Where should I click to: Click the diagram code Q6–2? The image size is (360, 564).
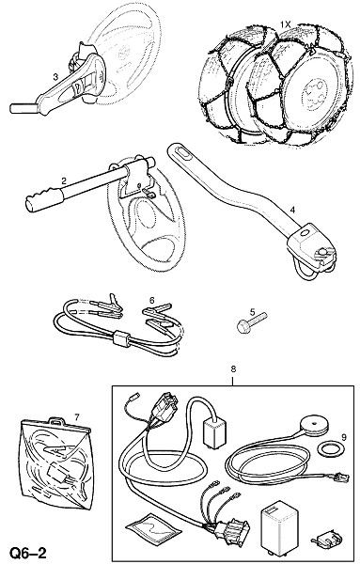pos(28,553)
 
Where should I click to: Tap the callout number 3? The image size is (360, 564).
pos(55,77)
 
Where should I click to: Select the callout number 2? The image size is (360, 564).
pos(64,180)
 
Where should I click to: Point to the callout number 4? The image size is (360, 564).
pos(292,210)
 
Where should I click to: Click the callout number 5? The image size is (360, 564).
pos(253,311)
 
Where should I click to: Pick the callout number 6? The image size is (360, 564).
pos(152,300)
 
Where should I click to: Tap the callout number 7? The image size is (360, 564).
pos(76,416)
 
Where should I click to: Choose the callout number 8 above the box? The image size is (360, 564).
pos(233,368)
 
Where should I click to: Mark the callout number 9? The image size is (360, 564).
pos(344,437)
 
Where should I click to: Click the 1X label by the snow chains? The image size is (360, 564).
pos(285,24)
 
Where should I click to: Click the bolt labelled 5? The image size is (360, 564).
pos(252,322)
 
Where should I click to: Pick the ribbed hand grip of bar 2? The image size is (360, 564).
pos(44,199)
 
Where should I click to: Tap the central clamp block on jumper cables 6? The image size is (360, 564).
pos(121,339)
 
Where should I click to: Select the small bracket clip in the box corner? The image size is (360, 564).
pos(326,538)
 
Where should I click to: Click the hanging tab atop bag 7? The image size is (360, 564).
pos(56,420)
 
